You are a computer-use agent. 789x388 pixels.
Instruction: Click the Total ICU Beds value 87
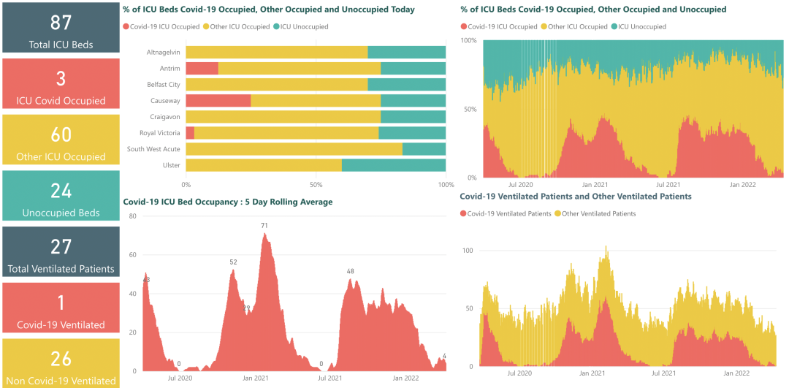pyautogui.click(x=61, y=22)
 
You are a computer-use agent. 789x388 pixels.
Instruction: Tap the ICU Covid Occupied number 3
pyautogui.click(x=61, y=78)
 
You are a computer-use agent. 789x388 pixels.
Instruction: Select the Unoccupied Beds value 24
pyautogui.click(x=61, y=191)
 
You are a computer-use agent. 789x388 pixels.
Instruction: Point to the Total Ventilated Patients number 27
pyautogui.click(x=61, y=247)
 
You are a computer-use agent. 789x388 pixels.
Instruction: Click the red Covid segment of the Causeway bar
pyautogui.click(x=218, y=100)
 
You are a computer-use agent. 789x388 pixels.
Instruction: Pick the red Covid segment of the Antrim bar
pyautogui.click(x=202, y=68)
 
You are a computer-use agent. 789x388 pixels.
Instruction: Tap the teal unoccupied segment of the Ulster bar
pyautogui.click(x=393, y=165)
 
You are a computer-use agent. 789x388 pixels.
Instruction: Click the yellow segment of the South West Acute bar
pyautogui.click(x=294, y=149)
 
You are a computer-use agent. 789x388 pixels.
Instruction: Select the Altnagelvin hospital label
pyautogui.click(x=164, y=52)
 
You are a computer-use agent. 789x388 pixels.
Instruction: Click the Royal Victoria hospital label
pyautogui.click(x=160, y=133)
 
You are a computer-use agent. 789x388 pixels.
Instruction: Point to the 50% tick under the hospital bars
pyautogui.click(x=316, y=184)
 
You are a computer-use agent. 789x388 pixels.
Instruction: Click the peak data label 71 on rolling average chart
pyautogui.click(x=264, y=226)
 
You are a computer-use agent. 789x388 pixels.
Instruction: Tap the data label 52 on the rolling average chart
pyautogui.click(x=233, y=262)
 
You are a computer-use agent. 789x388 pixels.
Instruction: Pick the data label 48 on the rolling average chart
pyautogui.click(x=350, y=271)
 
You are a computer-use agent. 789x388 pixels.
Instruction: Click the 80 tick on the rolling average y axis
pyautogui.click(x=133, y=216)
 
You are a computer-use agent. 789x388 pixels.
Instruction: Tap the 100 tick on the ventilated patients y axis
pyautogui.click(x=468, y=251)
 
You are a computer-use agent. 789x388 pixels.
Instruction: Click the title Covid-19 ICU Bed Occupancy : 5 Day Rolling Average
pyautogui.click(x=228, y=202)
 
